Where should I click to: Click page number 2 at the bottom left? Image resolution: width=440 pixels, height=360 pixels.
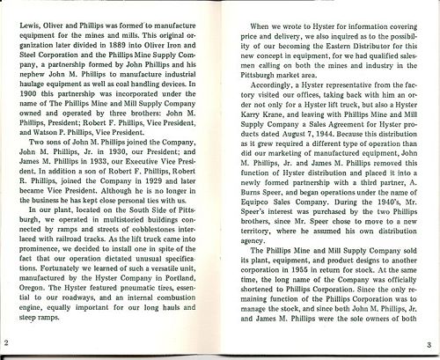pyautogui.click(x=6, y=342)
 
